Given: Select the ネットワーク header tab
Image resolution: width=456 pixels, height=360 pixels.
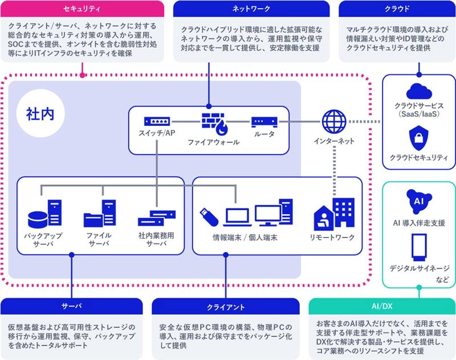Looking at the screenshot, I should coord(251,9).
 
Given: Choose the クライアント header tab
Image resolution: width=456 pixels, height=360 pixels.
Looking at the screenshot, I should coord(226,306).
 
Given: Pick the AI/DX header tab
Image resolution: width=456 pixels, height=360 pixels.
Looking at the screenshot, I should coord(382,306).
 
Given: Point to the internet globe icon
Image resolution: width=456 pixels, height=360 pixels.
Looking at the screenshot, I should coord(334,121).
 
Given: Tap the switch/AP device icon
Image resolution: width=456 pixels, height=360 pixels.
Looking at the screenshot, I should coord(157,121).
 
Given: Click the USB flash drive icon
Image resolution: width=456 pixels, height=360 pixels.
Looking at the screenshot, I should coord(207,214).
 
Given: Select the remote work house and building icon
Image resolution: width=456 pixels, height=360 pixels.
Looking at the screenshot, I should coord(334,214).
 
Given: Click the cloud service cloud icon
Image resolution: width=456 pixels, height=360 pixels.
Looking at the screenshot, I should coord(419,91).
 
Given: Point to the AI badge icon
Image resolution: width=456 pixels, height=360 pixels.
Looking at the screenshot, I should coord(419,200).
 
